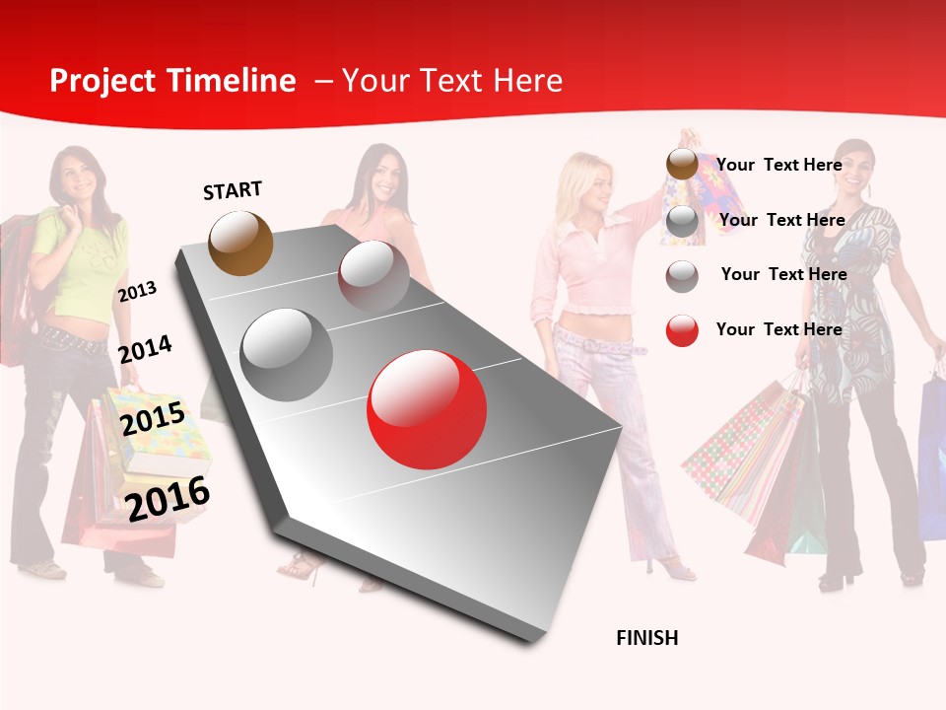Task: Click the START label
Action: tap(233, 190)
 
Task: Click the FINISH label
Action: tap(647, 638)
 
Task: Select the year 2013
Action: tap(137, 292)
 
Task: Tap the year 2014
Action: tap(145, 349)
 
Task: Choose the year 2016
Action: tap(168, 498)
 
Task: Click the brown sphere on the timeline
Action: tap(241, 243)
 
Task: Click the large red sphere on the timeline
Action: tap(427, 409)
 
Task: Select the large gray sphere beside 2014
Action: tap(287, 355)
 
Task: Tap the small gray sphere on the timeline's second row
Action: tap(373, 275)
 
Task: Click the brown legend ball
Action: tap(682, 165)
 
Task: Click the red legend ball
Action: tap(682, 330)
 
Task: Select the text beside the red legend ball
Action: tap(778, 329)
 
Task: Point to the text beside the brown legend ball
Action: tap(778, 165)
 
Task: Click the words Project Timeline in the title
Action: tap(172, 81)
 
